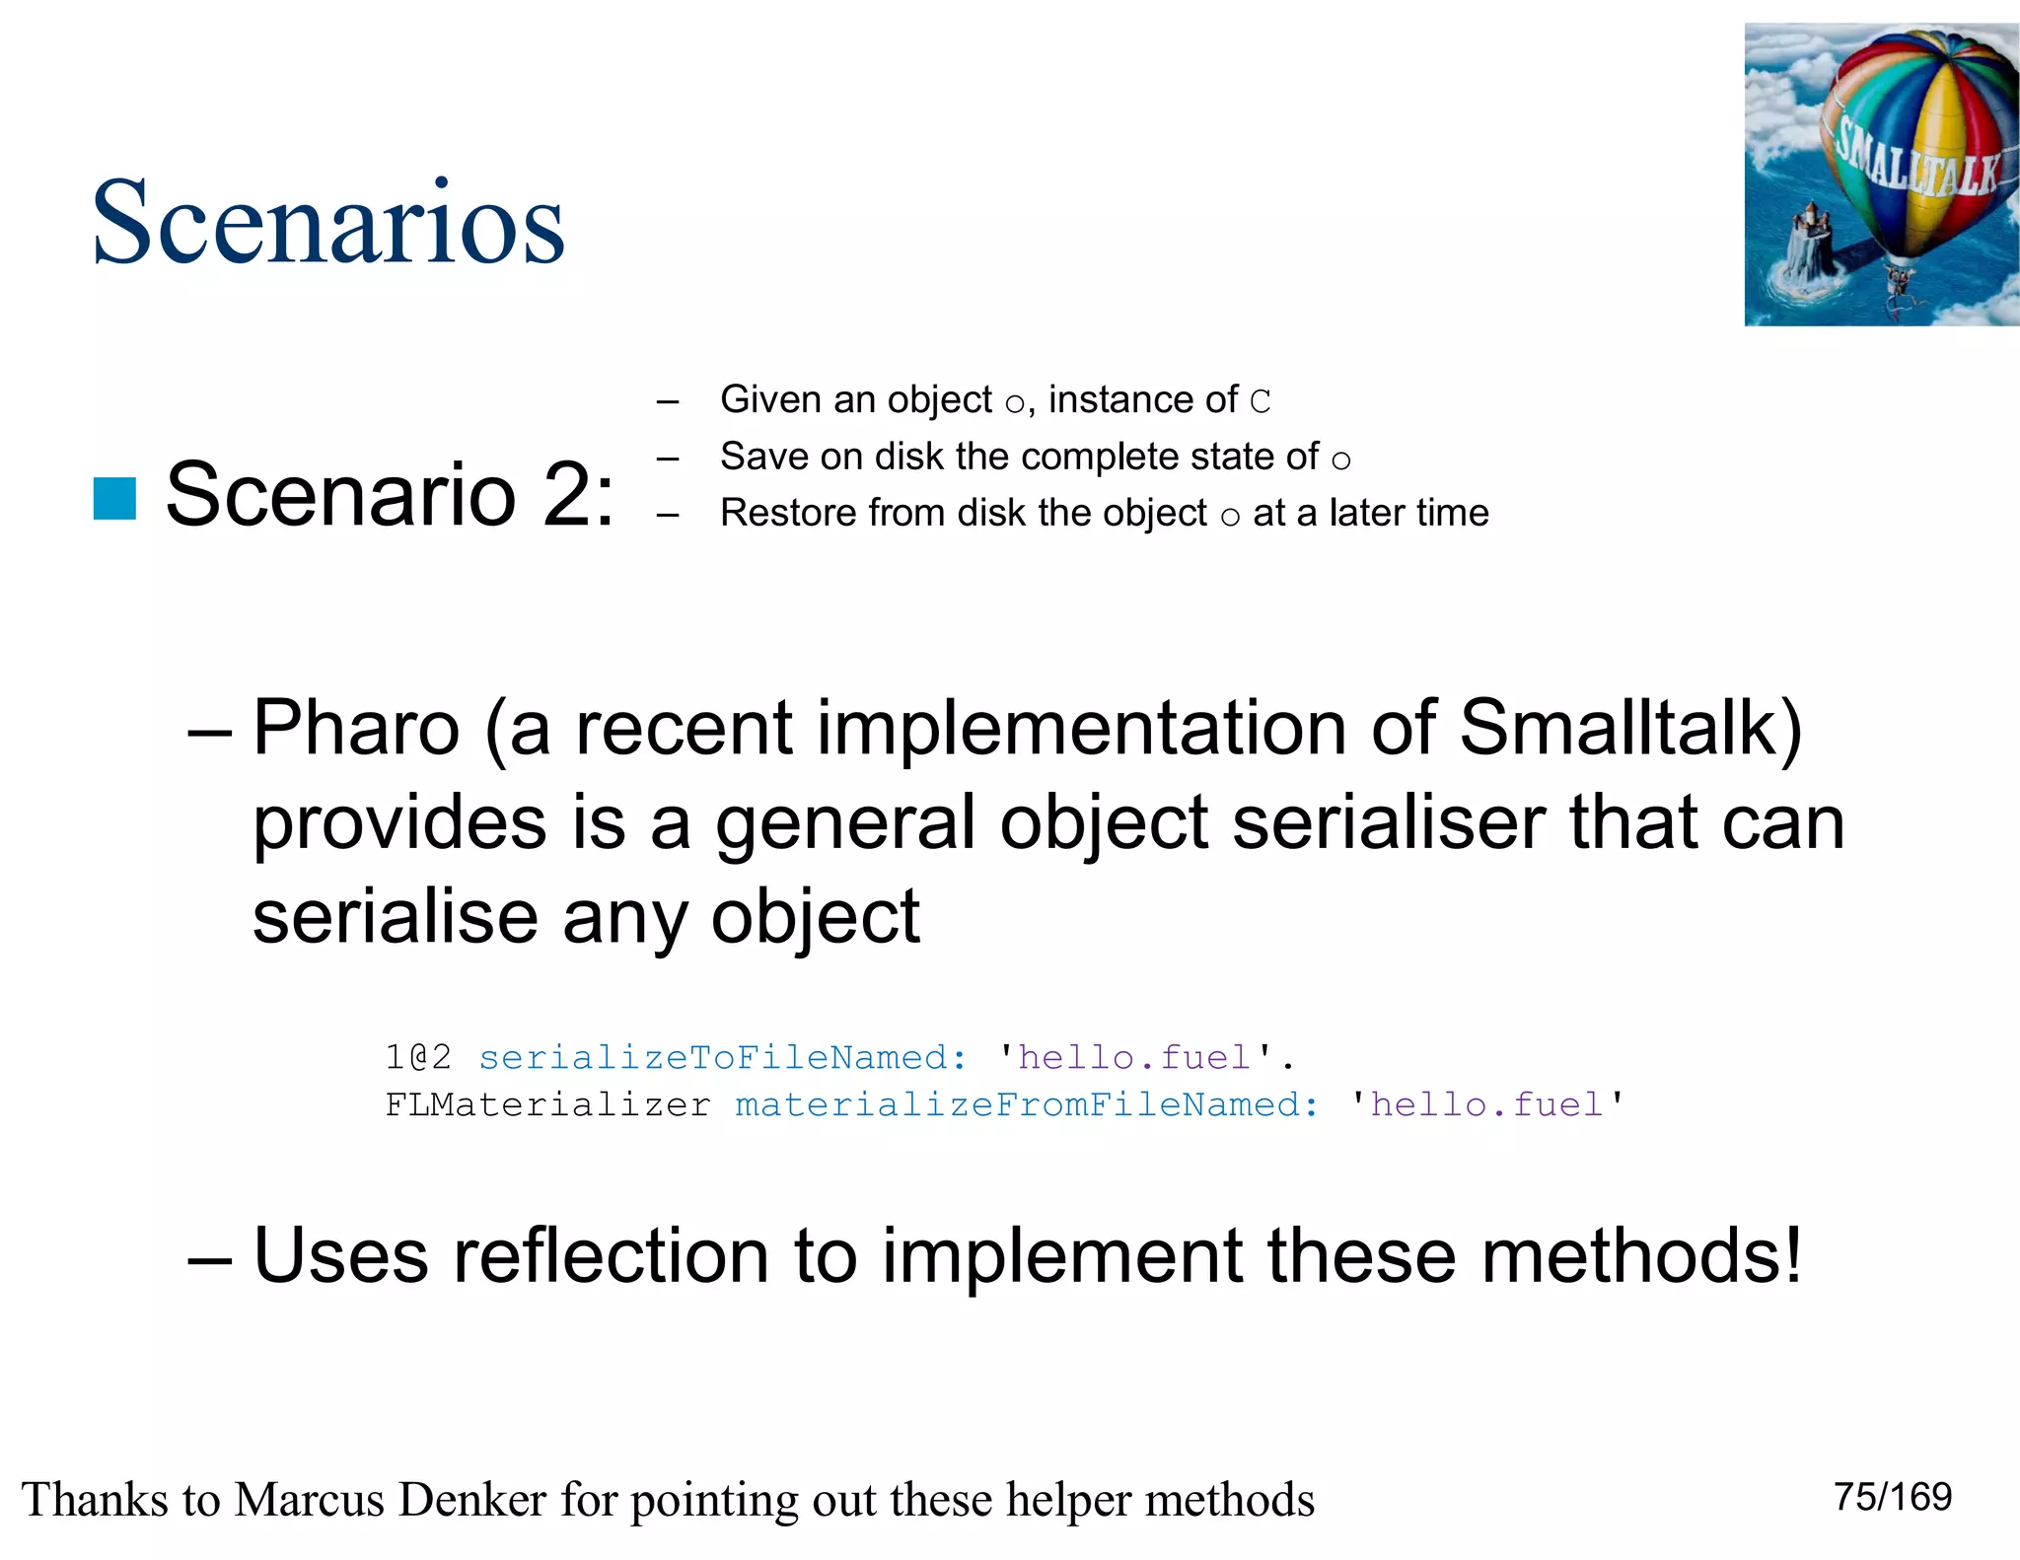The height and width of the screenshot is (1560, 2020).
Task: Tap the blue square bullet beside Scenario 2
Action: [x=114, y=498]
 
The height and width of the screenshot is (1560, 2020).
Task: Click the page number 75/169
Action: [x=1892, y=1497]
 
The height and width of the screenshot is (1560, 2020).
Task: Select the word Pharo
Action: [x=356, y=729]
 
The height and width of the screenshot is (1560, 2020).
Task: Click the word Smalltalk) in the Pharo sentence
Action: [x=1629, y=729]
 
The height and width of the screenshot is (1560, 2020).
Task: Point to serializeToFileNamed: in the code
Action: [x=722, y=1058]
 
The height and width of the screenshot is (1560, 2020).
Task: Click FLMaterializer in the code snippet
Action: [x=547, y=1105]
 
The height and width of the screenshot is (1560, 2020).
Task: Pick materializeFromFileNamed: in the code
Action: [x=1026, y=1105]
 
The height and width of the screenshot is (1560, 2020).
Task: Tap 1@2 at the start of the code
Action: [x=418, y=1058]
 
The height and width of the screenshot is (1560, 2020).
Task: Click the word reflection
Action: [x=609, y=1256]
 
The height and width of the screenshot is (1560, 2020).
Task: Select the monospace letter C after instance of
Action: [x=1260, y=402]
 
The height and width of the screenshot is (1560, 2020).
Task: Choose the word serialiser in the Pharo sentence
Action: [x=1390, y=823]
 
